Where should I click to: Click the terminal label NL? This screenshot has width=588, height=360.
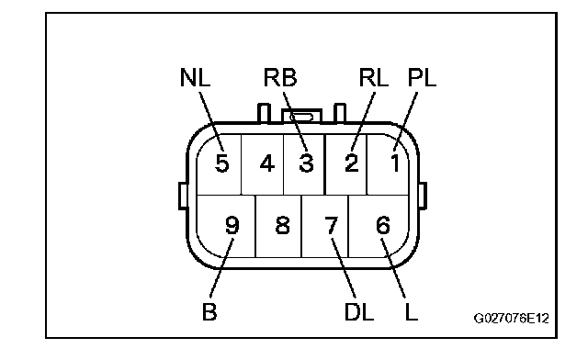[x=195, y=78]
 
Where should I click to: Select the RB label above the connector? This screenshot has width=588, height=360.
[x=279, y=78]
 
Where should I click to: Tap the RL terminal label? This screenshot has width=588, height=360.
[x=373, y=78]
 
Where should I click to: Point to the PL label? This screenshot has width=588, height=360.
[x=422, y=78]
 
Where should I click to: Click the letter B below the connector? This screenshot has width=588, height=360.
[x=209, y=311]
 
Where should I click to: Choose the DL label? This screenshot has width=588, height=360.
[x=359, y=311]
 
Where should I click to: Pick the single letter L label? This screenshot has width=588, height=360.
[x=412, y=311]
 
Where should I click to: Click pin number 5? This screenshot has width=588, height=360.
[x=222, y=163]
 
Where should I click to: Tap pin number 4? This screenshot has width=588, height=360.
[x=267, y=163]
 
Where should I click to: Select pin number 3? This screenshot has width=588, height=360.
[x=306, y=163]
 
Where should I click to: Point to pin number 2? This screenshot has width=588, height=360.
[x=352, y=163]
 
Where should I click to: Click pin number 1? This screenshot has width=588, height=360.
[x=395, y=163]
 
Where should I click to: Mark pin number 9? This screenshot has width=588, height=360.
[x=232, y=225]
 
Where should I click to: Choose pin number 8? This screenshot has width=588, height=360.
[x=282, y=225]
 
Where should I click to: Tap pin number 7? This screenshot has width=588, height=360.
[x=332, y=225]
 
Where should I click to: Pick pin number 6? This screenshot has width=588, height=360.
[x=383, y=225]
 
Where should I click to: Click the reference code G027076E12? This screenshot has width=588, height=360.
[x=511, y=319]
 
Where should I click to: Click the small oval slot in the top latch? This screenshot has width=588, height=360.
[x=301, y=118]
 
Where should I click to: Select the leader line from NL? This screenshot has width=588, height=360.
[x=211, y=121]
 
